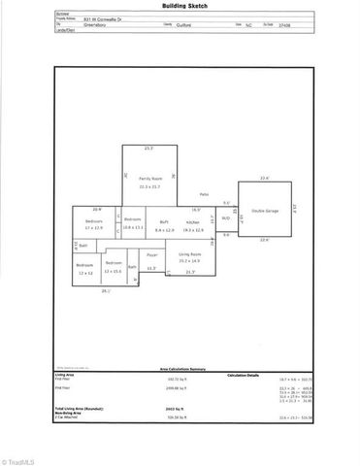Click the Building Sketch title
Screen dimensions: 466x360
point(179,6)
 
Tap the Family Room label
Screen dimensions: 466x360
point(148,179)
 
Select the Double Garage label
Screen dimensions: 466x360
point(264,211)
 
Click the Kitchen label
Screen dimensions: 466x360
point(194,222)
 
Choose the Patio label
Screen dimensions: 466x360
point(205,195)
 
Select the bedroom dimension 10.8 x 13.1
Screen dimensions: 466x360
point(133,227)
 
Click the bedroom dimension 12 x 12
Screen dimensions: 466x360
point(85,273)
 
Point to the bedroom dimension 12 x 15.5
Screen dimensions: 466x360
point(115,270)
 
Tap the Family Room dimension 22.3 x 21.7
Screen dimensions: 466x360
point(148,186)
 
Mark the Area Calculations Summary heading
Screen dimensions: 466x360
point(179,369)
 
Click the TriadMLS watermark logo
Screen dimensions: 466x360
point(19,458)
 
